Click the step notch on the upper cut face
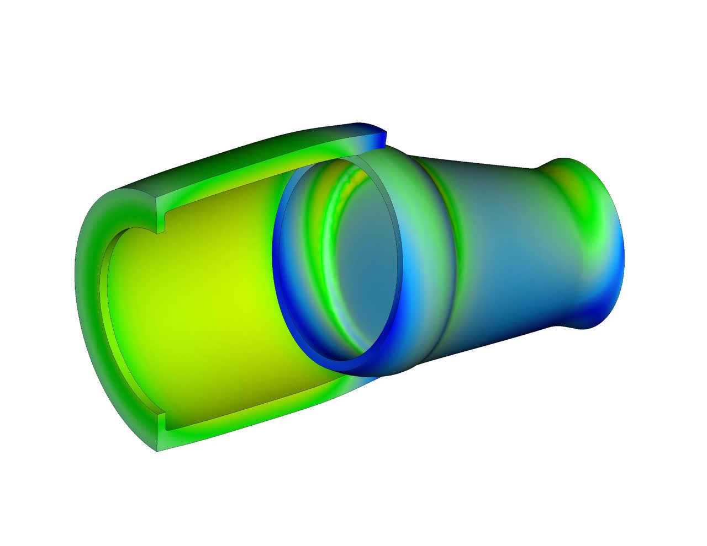tap(161, 221)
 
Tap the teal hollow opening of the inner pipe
tap(365, 265)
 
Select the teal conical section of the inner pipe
tap(497, 248)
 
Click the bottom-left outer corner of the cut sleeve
tap(157, 449)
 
